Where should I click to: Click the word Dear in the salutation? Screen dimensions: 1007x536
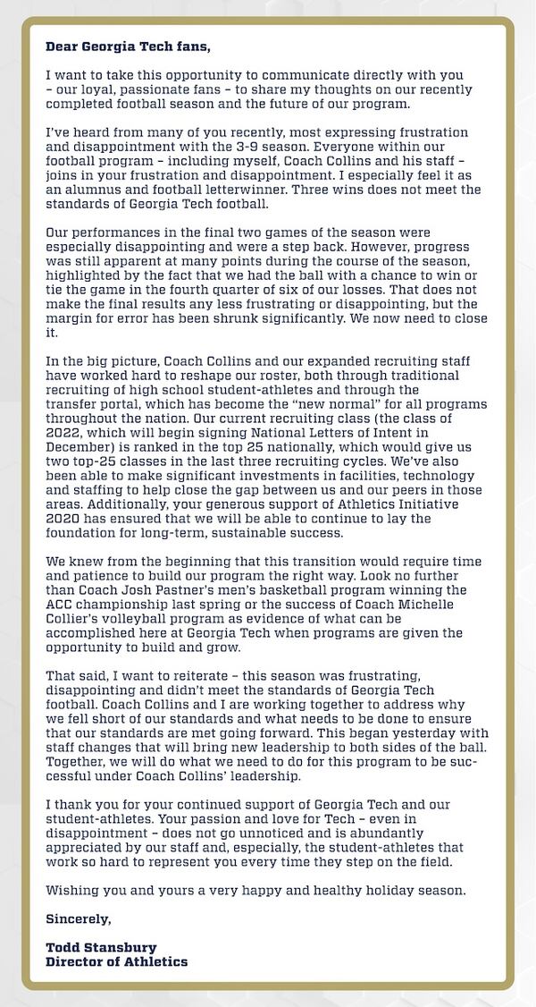coord(62,44)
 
